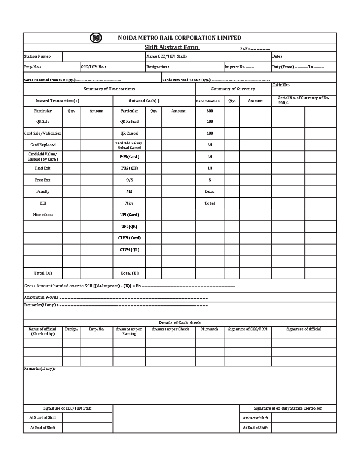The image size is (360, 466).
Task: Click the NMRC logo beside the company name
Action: coord(96,38)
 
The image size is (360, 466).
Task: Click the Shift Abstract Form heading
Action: coord(172,47)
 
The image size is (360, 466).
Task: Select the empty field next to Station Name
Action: coord(104,56)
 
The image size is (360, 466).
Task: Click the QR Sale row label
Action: coord(43,122)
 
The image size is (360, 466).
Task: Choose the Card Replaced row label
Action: coord(43,145)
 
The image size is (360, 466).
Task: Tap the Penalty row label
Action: coord(43,191)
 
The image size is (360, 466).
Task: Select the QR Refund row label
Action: coord(129,122)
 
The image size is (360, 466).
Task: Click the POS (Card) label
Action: coord(129,157)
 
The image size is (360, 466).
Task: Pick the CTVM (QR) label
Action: coord(129,250)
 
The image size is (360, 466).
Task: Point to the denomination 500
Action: coord(210,111)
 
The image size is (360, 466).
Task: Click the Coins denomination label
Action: coord(210,191)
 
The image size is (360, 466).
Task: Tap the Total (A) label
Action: coord(43,273)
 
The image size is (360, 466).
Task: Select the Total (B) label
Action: coord(129,273)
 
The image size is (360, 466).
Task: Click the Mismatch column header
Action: coord(209,329)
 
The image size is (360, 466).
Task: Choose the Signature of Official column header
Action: coord(304,329)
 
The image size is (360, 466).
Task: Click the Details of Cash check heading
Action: coord(179,323)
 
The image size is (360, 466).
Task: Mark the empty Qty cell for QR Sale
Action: coord(71,122)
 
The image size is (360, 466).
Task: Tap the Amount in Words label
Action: coord(41,297)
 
